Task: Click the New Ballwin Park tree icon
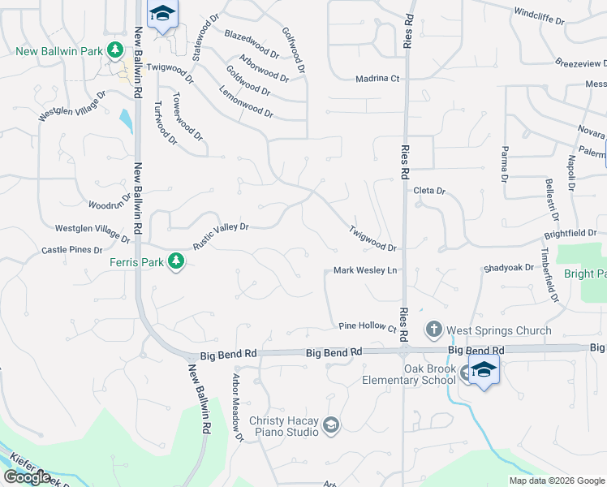(x=116, y=51)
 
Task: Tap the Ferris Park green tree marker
(x=174, y=261)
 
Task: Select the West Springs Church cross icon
(x=433, y=330)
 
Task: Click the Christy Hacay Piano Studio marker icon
(x=330, y=425)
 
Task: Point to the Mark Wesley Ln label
(x=366, y=271)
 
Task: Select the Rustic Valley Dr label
(x=220, y=237)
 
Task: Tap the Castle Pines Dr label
(x=73, y=250)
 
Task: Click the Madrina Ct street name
(x=377, y=79)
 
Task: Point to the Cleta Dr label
(x=429, y=191)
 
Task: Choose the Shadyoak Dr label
(x=508, y=267)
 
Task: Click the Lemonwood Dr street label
(x=245, y=103)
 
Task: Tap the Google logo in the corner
(x=28, y=477)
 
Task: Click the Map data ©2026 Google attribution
(x=556, y=481)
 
